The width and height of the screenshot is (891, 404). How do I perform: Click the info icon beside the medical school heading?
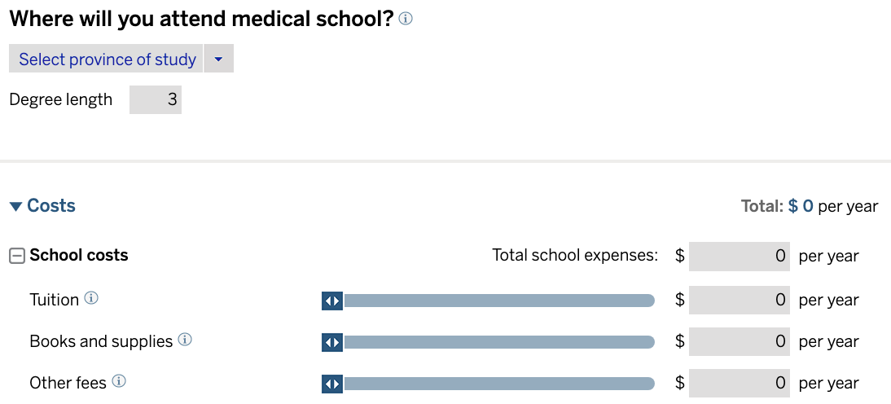pos(406,19)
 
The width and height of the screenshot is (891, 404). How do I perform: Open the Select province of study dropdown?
pos(107,59)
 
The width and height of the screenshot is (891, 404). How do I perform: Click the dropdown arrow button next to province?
pos(218,59)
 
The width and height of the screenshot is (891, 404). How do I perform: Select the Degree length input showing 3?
pos(156,100)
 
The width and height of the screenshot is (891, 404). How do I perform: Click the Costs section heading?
pos(51,206)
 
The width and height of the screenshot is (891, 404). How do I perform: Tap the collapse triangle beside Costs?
pos(15,207)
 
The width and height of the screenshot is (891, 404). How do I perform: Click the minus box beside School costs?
pos(16,256)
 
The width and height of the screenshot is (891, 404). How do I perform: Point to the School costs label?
pos(79,256)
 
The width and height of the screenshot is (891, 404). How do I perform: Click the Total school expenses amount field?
pos(739,256)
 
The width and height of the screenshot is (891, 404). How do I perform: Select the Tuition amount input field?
pos(739,300)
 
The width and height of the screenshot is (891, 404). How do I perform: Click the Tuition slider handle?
pos(332,301)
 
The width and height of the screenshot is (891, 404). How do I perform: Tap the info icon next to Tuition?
pos(91,299)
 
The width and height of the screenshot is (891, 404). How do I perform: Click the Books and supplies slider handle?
pos(332,342)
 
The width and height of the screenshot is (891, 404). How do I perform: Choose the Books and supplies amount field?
pos(739,341)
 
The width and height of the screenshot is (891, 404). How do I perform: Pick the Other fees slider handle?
pos(332,384)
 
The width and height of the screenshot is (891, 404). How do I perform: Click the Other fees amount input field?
pos(739,383)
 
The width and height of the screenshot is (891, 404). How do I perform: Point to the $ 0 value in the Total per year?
pos(801,206)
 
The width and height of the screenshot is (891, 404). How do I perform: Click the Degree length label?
pos(61,100)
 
